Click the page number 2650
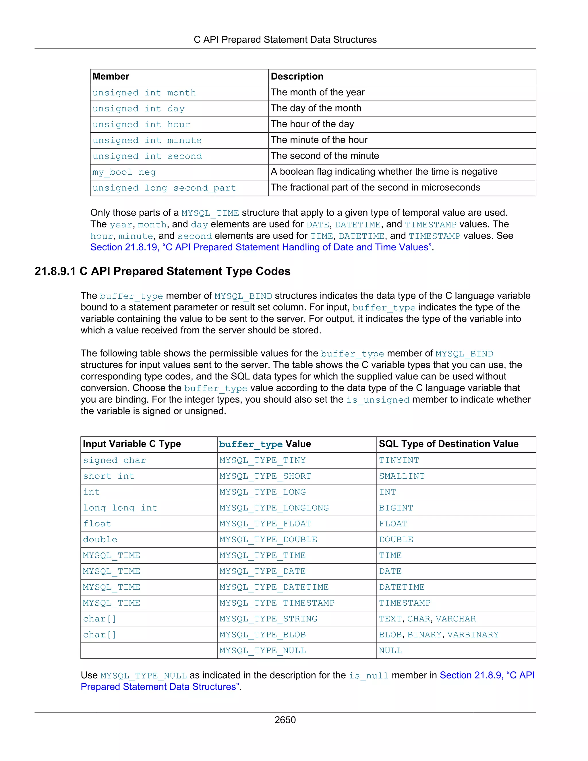(x=285, y=720)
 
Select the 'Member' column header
(x=111, y=76)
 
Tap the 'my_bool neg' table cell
(x=124, y=172)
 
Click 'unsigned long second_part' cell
(x=164, y=188)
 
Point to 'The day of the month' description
(x=316, y=108)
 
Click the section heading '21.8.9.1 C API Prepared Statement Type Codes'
(x=162, y=271)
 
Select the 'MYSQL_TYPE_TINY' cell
(x=262, y=460)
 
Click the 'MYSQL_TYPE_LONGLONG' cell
(x=274, y=508)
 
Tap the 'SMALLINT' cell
(x=402, y=476)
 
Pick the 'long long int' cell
(x=120, y=508)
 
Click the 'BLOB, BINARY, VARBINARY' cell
(x=439, y=635)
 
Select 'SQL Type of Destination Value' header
(x=448, y=444)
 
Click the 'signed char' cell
(x=114, y=460)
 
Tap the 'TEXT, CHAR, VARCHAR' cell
(x=427, y=619)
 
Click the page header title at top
(x=285, y=40)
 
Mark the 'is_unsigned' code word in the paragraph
(x=378, y=400)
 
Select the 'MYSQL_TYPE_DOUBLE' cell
(x=268, y=540)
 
